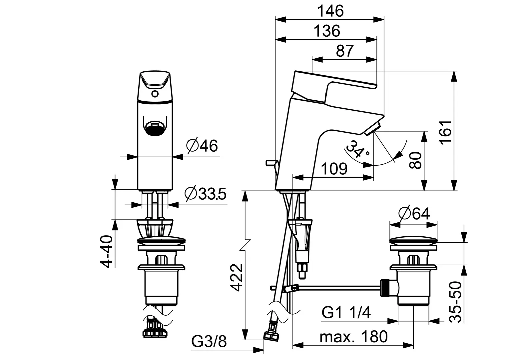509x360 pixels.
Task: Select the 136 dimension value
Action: coord(327,31)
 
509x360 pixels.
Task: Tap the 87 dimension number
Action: coord(345,51)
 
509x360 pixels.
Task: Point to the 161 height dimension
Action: coord(446,132)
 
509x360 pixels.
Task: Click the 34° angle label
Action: coord(357,149)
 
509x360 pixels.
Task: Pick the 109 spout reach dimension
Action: coord(334,169)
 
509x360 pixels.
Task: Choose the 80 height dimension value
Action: coord(415,160)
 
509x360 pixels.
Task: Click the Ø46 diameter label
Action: coord(202,145)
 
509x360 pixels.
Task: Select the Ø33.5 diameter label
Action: coord(206,194)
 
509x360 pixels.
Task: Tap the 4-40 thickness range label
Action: coord(106,251)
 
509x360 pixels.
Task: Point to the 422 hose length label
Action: coord(237,278)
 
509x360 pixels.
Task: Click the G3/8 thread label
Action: coord(209,341)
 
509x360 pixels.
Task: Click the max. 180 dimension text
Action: coord(353,337)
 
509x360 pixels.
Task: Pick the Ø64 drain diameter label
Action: coord(414,214)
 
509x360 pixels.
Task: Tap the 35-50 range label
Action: coord(455,302)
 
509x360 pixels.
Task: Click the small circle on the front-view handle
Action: coord(155,94)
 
